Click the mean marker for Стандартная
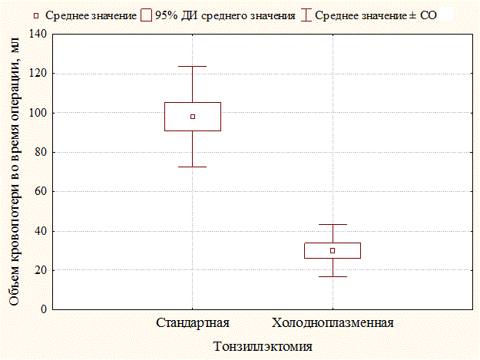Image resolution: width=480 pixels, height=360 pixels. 193,117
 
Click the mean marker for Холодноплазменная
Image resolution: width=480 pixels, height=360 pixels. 333,250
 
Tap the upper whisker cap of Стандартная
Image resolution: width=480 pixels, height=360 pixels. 193,66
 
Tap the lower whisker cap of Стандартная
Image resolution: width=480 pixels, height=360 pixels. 193,167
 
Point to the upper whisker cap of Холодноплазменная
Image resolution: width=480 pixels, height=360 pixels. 333,224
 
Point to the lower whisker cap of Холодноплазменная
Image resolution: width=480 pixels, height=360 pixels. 333,277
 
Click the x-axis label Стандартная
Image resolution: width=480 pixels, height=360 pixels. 193,323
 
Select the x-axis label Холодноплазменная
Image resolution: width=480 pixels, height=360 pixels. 333,323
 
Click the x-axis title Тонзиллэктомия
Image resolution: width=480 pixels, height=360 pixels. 263,346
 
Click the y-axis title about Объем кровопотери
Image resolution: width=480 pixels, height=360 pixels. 14,172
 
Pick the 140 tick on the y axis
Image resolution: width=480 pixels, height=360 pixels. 38,34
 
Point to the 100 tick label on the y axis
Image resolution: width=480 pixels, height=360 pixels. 38,113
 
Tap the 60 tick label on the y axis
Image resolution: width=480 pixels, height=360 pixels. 41,191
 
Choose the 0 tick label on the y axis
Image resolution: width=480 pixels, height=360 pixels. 44,309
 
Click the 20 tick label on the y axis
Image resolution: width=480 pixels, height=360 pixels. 41,270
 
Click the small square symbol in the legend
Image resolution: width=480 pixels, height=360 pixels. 36,15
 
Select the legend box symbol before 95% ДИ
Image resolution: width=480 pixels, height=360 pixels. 147,15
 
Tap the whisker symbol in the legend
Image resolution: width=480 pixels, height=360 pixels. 306,15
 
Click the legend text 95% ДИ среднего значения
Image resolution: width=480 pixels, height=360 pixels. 225,15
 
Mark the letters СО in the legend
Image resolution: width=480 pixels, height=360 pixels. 429,15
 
